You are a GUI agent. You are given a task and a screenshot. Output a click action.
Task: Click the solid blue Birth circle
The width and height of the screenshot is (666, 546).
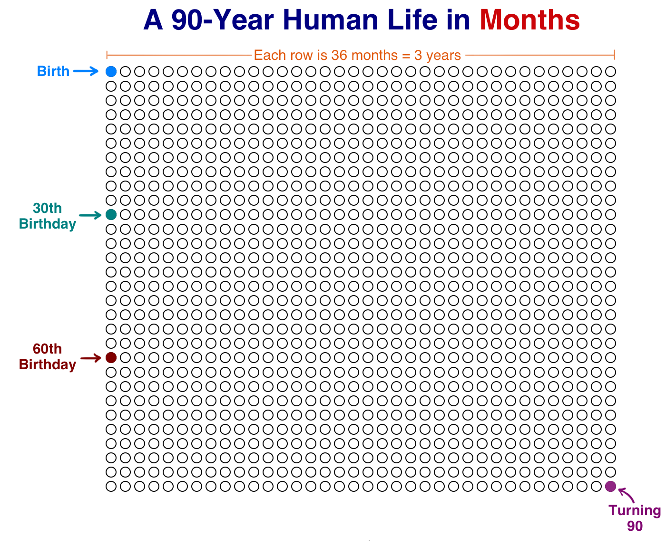(111, 72)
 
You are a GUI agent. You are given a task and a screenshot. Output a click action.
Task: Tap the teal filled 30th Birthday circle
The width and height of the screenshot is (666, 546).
(111, 215)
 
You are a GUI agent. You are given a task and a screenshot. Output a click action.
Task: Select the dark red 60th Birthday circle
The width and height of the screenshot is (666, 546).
(111, 358)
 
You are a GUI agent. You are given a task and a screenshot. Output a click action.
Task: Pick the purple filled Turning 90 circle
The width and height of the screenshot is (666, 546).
(610, 487)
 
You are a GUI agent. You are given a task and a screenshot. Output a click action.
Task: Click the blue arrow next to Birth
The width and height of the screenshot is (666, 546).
(86, 71)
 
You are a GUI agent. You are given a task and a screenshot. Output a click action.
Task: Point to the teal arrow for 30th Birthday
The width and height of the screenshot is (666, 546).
(90, 215)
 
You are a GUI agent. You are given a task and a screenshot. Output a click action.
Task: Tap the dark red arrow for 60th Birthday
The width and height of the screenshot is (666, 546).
(91, 358)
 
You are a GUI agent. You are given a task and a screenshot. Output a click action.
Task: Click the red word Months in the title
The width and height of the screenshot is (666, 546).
(529, 20)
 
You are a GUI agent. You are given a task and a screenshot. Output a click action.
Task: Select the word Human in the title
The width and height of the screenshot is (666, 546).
(330, 20)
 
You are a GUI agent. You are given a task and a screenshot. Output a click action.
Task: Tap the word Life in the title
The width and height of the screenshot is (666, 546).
(412, 19)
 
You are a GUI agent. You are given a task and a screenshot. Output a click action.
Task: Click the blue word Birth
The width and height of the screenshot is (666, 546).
(53, 71)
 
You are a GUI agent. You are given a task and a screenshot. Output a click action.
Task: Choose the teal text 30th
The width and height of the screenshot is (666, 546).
(48, 208)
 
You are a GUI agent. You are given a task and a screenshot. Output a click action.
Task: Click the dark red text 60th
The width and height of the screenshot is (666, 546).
(48, 349)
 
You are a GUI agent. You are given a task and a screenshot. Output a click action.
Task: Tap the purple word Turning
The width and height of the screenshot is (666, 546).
(635, 510)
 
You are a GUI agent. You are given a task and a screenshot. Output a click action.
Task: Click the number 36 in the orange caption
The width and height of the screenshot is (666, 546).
(340, 55)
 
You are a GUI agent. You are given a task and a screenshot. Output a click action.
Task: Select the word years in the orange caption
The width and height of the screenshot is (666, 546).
(443, 56)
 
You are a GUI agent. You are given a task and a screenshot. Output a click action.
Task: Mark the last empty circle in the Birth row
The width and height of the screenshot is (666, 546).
(610, 72)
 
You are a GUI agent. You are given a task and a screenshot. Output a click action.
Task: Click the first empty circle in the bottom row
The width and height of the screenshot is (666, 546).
(111, 487)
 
